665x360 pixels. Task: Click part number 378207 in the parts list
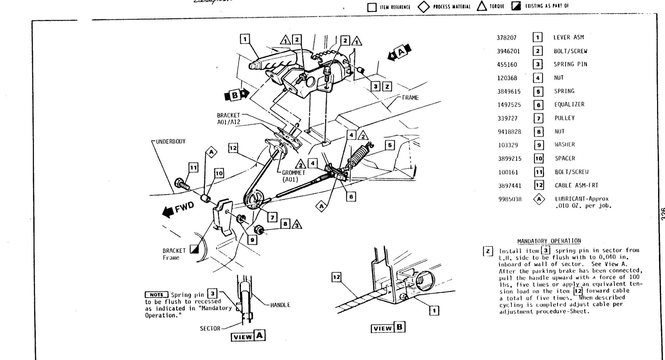click(506, 38)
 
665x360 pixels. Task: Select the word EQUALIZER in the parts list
click(569, 105)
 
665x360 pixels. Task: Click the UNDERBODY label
click(171, 142)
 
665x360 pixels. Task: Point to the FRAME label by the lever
click(410, 98)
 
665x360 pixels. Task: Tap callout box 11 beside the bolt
click(194, 168)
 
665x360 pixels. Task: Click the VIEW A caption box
click(248, 336)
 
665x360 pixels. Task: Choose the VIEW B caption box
click(388, 328)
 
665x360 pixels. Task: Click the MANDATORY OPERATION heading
click(549, 241)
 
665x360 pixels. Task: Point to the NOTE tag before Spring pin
click(156, 295)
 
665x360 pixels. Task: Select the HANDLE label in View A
click(280, 305)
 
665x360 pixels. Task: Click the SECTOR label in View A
click(210, 328)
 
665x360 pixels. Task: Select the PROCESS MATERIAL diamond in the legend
click(423, 6)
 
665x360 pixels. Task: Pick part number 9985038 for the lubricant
click(510, 199)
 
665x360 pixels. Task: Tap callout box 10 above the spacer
click(219, 174)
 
